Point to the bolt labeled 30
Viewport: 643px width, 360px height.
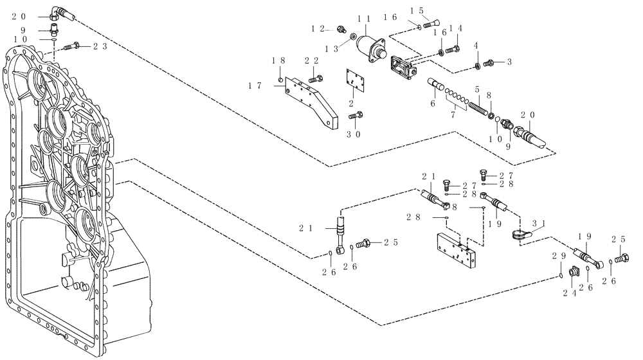(356, 116)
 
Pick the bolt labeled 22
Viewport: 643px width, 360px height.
(315, 78)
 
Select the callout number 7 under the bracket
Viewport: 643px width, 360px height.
(455, 114)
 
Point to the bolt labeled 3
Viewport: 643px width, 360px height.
(490, 62)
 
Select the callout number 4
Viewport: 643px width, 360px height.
(476, 46)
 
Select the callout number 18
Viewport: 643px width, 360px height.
(278, 60)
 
